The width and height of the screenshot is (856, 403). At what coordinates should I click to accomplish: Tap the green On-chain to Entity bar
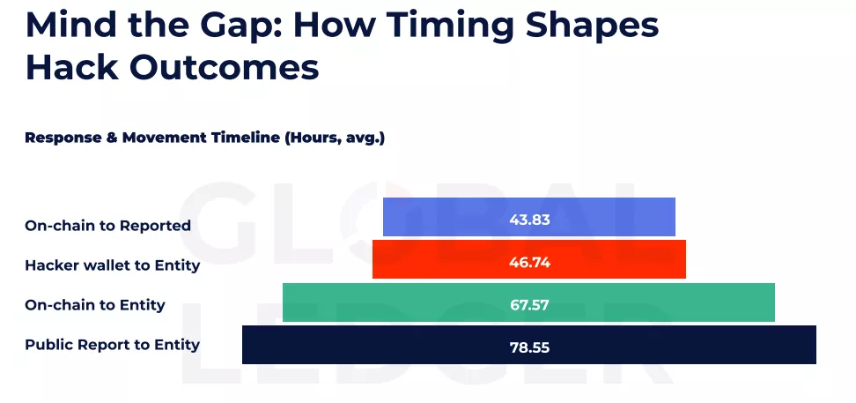396,302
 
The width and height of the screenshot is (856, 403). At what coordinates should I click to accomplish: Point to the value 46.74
529,262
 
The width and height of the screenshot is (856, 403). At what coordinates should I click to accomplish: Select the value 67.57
529,304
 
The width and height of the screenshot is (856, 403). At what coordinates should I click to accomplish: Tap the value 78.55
529,347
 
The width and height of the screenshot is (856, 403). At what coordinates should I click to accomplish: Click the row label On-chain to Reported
107,226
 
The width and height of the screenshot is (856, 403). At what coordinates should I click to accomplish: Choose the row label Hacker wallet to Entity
112,265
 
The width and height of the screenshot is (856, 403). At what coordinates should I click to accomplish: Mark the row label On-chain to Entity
94,305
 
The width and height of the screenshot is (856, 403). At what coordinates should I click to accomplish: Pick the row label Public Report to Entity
112,345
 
